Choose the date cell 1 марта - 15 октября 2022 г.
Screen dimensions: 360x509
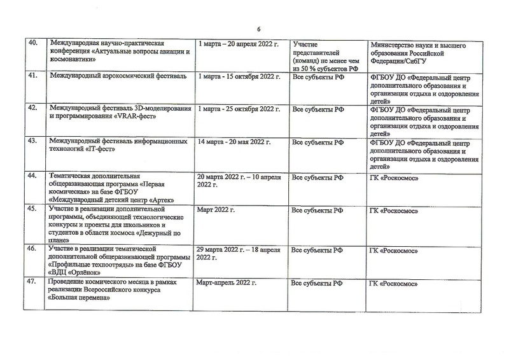[x=239, y=76]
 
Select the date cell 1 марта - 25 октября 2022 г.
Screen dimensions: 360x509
[x=239, y=109]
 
